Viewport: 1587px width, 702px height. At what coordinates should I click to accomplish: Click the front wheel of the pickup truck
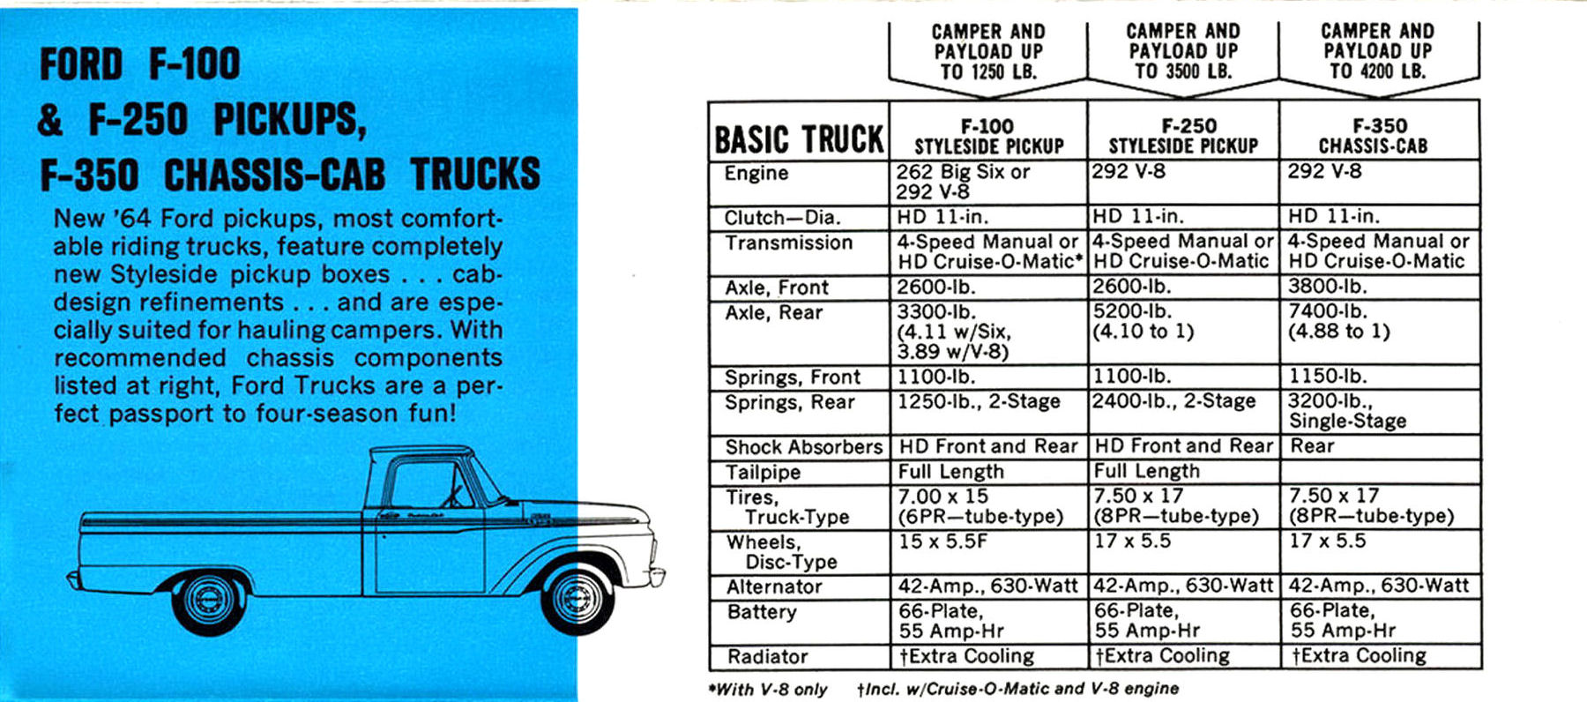pos(577,600)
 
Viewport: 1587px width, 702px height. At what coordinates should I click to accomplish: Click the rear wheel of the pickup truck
pos(208,602)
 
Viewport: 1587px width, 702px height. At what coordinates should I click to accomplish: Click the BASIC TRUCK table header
pos(799,139)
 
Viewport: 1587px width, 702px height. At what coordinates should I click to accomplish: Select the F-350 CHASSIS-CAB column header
pos(1379,136)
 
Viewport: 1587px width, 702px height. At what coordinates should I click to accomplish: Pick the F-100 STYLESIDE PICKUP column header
pos(988,136)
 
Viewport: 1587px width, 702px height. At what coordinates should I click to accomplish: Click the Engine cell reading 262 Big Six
pos(963,181)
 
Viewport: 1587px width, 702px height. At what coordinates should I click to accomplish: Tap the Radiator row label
pos(767,656)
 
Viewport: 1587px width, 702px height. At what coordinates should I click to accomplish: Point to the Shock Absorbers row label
pos(803,447)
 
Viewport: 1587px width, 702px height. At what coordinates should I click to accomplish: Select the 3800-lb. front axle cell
pos(1327,287)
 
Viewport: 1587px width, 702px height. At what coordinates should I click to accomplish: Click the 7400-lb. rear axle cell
pos(1338,321)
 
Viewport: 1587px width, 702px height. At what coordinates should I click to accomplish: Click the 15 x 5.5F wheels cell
pos(942,541)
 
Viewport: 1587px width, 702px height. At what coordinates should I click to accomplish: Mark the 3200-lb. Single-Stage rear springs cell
pos(1347,411)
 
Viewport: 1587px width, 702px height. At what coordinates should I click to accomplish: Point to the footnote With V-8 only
pos(769,690)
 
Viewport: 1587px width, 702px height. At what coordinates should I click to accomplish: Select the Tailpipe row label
pos(763,472)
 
